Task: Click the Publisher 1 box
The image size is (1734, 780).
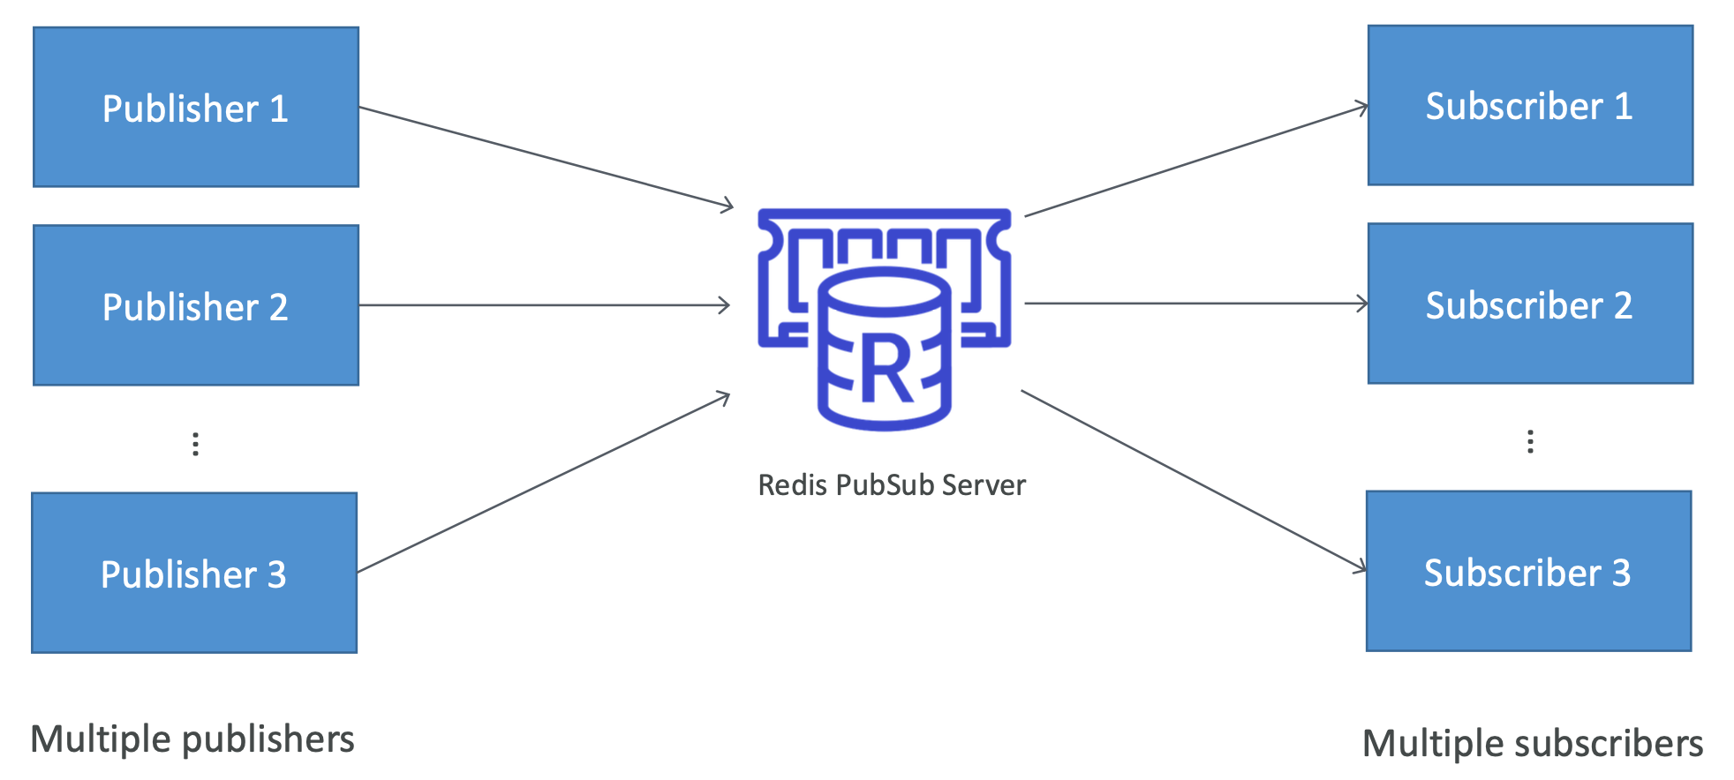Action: coord(195,107)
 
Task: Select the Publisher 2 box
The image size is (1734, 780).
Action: coord(195,305)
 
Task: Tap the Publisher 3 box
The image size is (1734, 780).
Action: coord(194,573)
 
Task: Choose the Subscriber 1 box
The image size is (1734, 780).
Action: coord(1530,105)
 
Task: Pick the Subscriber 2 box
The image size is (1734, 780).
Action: coord(1530,304)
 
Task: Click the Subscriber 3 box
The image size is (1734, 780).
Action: coord(1528,571)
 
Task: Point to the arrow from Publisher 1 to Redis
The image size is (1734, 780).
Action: coord(546,157)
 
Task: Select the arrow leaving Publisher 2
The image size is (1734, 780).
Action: coord(544,305)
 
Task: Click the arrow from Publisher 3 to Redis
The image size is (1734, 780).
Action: coord(544,483)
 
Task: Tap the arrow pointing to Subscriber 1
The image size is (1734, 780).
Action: coord(1196,161)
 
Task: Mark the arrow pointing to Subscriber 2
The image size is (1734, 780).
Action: coord(1196,304)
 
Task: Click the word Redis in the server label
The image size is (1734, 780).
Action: coord(792,485)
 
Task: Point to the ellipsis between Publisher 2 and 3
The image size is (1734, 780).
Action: coord(195,444)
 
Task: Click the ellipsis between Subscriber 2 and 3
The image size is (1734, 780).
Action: coord(1530,441)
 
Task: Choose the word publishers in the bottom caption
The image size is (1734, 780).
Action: coord(268,739)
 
